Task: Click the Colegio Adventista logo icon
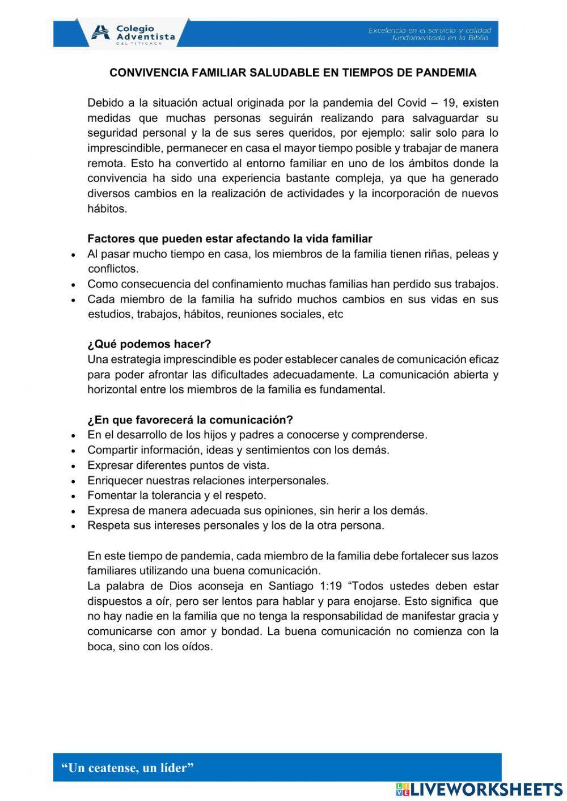pyautogui.click(x=101, y=33)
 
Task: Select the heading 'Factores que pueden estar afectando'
pyautogui.click(x=230, y=239)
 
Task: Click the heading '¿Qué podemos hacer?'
pyautogui.click(x=149, y=344)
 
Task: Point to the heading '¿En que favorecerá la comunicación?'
pyautogui.click(x=190, y=420)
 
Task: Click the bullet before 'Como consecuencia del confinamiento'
pyautogui.click(x=74, y=285)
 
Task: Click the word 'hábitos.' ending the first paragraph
pyautogui.click(x=108, y=209)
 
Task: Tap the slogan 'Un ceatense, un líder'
pyautogui.click(x=128, y=768)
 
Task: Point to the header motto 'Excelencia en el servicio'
pyautogui.click(x=430, y=30)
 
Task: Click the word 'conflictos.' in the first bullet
pyautogui.click(x=113, y=269)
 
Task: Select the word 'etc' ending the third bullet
pyautogui.click(x=336, y=315)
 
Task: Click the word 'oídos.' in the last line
pyautogui.click(x=197, y=647)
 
